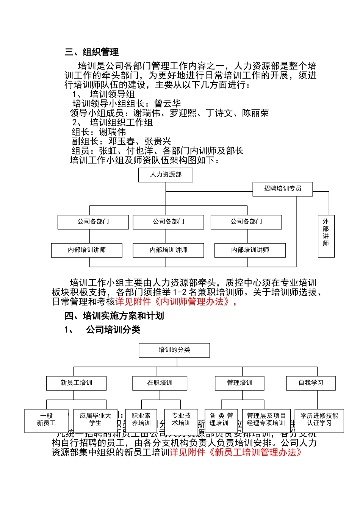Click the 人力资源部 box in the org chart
pos(166,175)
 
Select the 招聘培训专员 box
pos(282,189)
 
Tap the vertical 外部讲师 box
pos(326,236)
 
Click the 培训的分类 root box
pos(174,350)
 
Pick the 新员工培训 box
pos(76,383)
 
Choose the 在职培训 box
pos(160,383)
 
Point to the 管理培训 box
pos(239,383)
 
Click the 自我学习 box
pos(311,383)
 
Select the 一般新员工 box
pos(46,420)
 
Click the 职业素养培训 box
pos(141,420)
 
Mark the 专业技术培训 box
pos(181,420)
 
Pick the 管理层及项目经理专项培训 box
pos(266,420)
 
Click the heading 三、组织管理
pos(92,52)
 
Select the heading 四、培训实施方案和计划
pos(114,316)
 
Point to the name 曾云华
pos(167,103)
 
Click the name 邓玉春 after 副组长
pos(121,141)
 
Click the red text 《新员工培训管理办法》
pos(255,453)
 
